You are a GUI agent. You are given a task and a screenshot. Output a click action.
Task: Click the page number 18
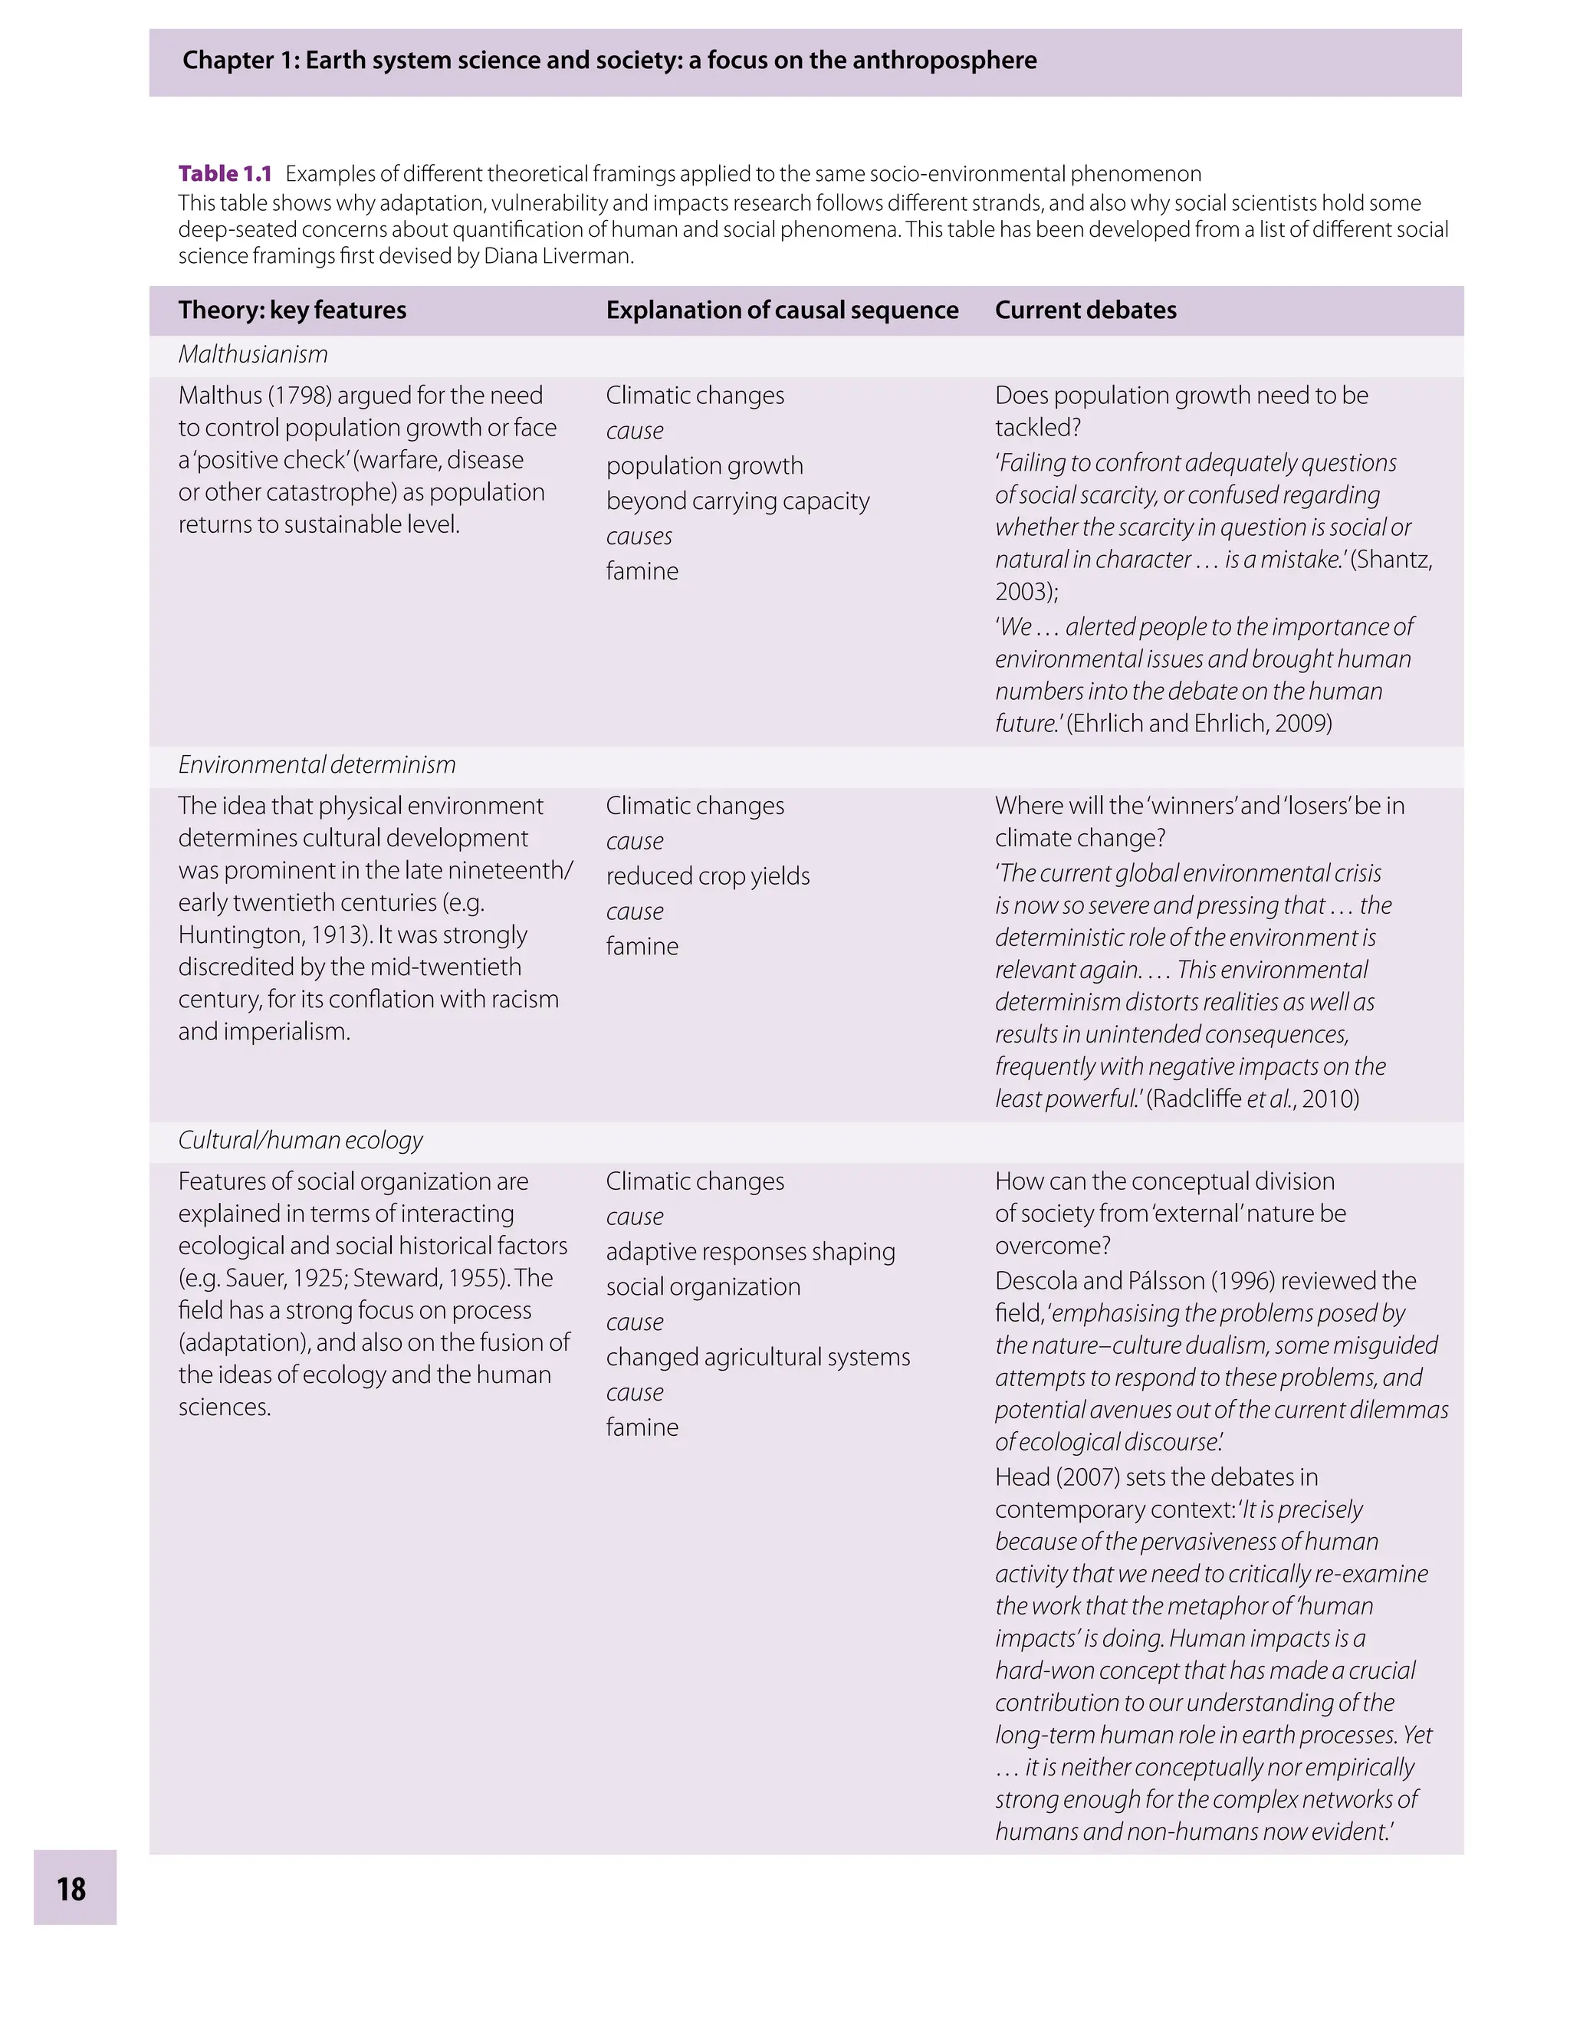pos(72,1889)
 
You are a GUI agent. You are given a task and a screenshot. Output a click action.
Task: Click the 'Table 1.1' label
pos(225,174)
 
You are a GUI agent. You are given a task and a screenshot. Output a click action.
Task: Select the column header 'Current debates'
pos(1085,310)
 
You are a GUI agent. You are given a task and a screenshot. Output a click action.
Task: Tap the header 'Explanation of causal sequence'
pos(781,310)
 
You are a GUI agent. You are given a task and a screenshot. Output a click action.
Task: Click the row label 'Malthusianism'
pos(252,355)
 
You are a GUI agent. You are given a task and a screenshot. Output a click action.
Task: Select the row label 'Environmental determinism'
pos(317,765)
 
